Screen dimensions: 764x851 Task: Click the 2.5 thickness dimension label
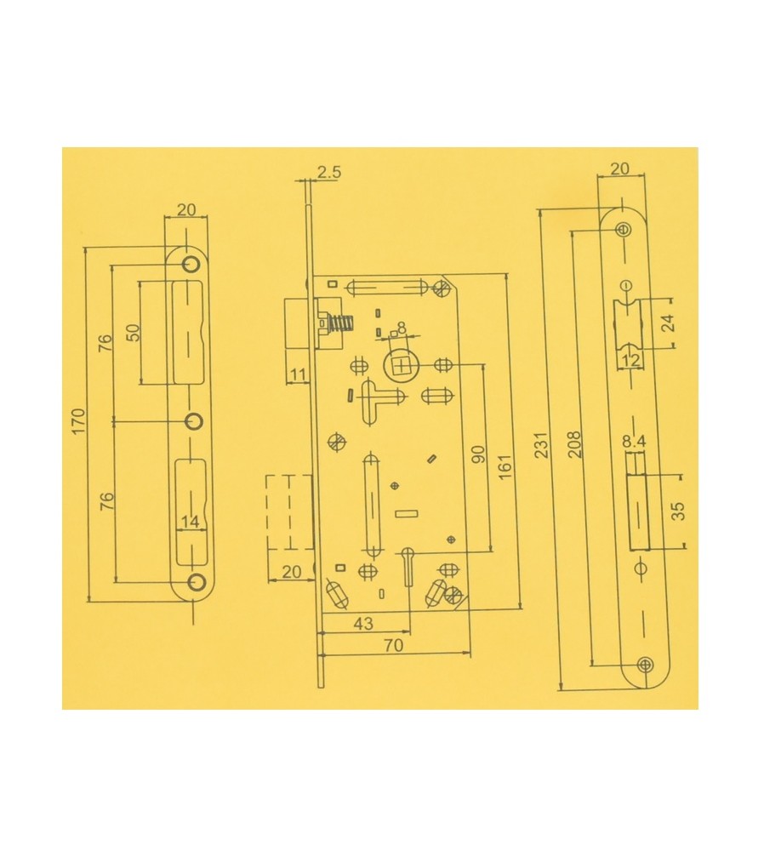click(328, 172)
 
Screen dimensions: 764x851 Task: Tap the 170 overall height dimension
click(78, 421)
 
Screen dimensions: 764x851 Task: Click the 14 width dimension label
click(190, 523)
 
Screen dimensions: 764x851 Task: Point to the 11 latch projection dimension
click(298, 374)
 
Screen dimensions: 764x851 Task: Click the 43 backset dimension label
click(363, 624)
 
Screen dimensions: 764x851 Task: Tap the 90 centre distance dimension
click(478, 454)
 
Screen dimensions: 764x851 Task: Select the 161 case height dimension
click(505, 467)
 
